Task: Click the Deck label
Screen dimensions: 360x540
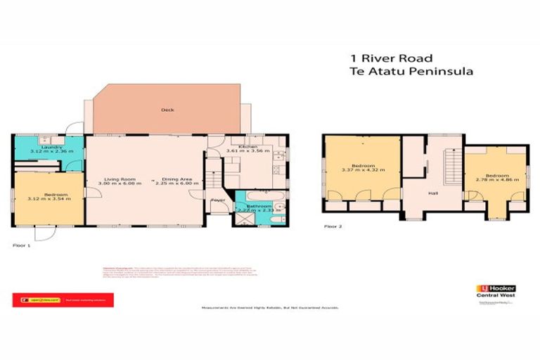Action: (167, 110)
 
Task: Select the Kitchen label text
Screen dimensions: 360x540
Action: (249, 146)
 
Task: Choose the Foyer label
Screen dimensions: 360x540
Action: (219, 200)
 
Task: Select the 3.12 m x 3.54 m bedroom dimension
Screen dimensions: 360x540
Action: (48, 199)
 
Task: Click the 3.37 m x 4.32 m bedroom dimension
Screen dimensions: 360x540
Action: (361, 169)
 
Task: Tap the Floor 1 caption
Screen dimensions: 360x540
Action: (22, 245)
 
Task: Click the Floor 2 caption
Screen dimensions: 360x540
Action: (333, 226)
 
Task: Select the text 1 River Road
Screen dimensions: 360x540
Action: (392, 58)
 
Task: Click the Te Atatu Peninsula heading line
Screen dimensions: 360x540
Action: (411, 71)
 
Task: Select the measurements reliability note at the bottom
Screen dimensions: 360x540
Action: (271, 308)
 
